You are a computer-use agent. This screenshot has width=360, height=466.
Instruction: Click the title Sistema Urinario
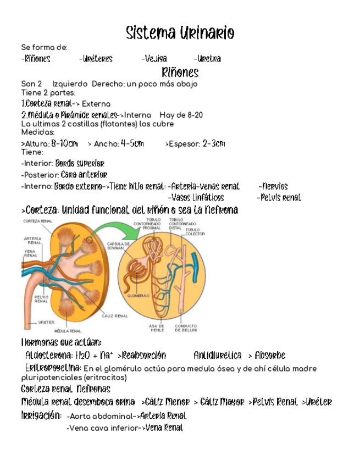tap(180, 34)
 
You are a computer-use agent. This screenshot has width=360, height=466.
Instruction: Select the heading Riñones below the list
tap(180, 73)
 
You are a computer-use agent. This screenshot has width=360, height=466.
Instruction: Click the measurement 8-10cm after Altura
tap(64, 144)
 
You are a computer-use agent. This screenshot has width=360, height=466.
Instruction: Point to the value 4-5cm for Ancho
tap(132, 144)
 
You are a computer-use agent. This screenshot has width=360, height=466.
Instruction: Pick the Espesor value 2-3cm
tap(214, 144)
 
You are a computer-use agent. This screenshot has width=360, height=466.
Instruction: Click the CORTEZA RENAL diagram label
tap(37, 221)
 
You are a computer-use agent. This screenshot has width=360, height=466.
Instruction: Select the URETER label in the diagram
tap(46, 321)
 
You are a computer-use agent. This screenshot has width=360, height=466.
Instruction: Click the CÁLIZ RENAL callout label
tap(115, 317)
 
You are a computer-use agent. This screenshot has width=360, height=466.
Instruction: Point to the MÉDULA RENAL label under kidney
tap(68, 331)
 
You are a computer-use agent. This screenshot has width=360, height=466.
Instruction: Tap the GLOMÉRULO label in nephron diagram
tap(139, 296)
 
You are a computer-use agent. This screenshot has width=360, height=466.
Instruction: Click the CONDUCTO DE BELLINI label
tap(186, 329)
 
